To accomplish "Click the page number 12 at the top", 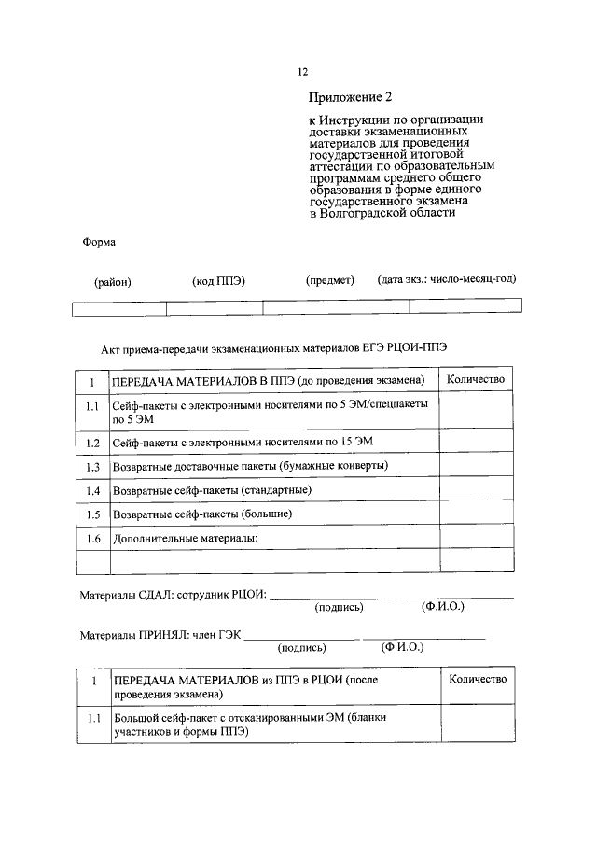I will (x=302, y=72).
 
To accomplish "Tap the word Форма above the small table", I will (x=100, y=242).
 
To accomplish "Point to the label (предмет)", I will (x=329, y=280).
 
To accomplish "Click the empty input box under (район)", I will (x=118, y=307).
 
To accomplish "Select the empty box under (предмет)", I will (x=336, y=307).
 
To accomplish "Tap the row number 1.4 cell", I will (x=92, y=490).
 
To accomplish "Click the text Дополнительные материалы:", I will (x=184, y=539).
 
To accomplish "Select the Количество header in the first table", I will (x=476, y=379).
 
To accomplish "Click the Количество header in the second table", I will (x=478, y=679).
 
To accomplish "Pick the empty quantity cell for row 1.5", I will (x=476, y=514).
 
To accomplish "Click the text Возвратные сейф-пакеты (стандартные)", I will (x=212, y=490).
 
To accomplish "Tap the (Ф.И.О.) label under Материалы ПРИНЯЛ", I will (x=401, y=646).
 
